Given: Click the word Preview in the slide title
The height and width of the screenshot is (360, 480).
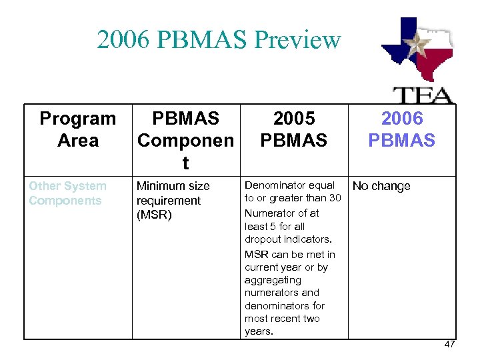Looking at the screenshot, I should pos(297,40).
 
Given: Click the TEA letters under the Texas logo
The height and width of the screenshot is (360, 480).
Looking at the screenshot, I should pos(421,95).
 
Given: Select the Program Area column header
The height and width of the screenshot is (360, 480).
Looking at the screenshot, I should pos(77,129).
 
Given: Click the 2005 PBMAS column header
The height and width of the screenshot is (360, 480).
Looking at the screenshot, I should pos(294,129).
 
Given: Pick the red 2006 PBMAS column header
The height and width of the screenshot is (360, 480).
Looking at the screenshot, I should pos(402,129).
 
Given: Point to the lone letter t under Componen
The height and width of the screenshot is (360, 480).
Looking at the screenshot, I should pos(185,163).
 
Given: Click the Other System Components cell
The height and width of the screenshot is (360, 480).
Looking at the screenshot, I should pos(67,193).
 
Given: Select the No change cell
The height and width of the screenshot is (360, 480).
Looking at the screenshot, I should pos(381,186).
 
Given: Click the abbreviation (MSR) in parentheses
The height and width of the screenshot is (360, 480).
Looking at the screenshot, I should pos(155,215).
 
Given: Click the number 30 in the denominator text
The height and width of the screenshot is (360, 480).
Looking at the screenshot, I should pos(334,198).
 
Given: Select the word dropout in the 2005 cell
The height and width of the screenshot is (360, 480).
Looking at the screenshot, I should pos(263,239).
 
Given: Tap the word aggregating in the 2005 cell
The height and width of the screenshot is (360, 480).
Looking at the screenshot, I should pos(273,280).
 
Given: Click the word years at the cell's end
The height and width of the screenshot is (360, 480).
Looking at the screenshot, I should pos(258,331).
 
